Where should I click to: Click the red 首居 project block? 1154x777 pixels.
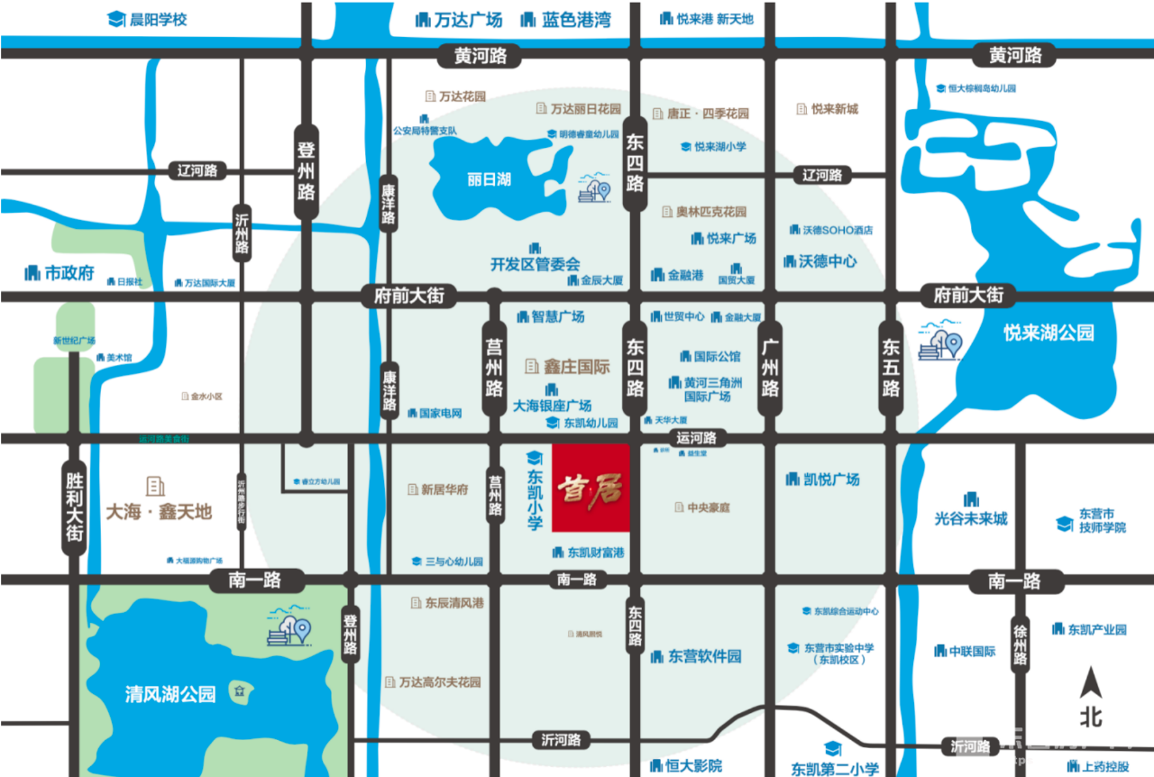591,488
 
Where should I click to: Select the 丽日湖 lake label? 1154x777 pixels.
489,178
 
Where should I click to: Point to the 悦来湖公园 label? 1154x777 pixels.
1048,333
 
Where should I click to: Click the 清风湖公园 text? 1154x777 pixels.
170,694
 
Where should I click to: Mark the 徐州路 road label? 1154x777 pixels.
1020,644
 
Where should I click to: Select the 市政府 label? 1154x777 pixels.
69,273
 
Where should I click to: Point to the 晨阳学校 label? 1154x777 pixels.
158,19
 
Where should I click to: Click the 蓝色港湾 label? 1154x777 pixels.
576,19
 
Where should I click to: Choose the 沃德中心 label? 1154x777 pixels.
827,261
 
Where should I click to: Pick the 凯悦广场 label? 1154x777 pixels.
830,479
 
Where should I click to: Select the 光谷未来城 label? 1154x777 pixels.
971,518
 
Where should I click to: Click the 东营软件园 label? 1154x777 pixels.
704,656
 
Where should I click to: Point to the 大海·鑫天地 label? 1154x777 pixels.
159,512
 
